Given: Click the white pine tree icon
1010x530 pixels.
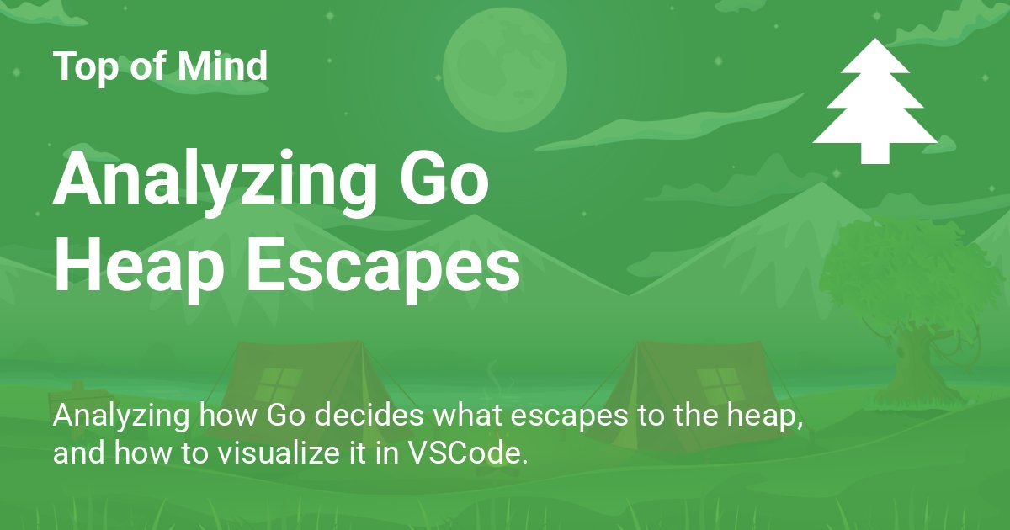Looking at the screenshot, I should [x=874, y=97].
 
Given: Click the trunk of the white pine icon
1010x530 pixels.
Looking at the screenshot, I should [x=874, y=153].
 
